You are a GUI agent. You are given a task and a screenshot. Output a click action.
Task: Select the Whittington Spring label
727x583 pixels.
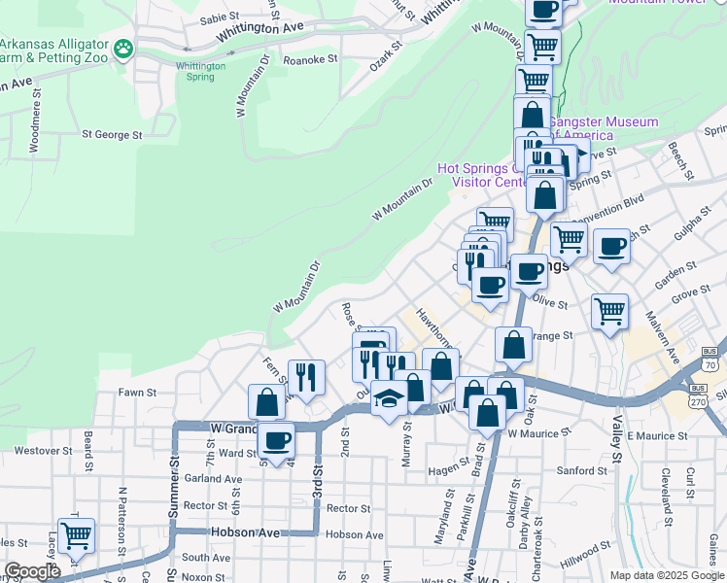201,71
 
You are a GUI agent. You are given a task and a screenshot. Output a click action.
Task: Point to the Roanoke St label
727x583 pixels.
309,59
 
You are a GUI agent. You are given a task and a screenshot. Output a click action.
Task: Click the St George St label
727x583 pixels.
112,134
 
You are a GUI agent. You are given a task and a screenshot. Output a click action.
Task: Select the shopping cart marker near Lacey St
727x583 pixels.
76,535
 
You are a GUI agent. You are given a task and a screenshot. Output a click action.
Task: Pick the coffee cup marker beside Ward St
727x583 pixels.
277,439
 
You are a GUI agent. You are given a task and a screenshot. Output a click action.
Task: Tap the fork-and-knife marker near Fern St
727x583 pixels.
306,377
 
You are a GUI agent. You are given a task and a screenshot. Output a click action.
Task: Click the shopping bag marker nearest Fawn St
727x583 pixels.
266,402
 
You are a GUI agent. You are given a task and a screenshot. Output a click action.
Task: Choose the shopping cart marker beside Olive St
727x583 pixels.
609,313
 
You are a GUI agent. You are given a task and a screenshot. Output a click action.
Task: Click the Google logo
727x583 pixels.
31,572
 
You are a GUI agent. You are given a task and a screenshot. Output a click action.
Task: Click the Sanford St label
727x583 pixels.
582,471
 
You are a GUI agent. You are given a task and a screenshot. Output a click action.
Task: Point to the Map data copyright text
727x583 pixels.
667,575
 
